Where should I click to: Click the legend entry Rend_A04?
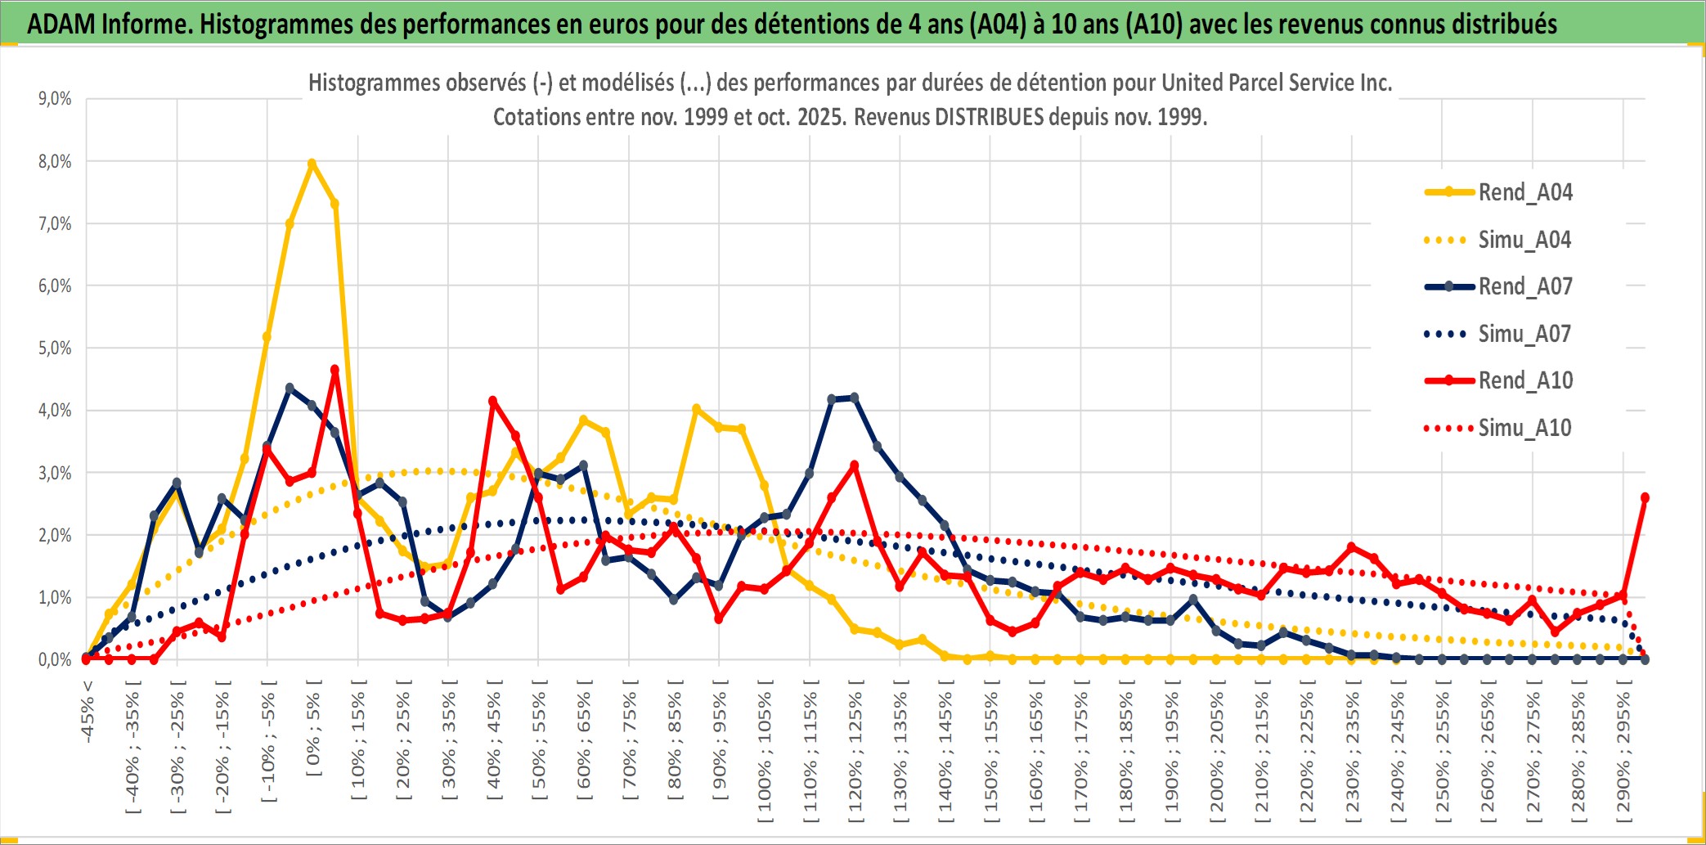pos(1524,192)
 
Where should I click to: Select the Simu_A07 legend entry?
pos(1524,334)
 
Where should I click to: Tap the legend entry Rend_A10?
pos(1525,380)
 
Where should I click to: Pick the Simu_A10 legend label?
pos(1524,428)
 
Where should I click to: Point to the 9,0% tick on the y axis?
pos(55,99)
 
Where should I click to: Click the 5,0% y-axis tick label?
pos(55,348)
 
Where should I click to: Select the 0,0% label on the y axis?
pos(55,659)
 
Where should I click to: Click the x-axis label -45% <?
pos(88,712)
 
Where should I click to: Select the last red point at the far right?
pos(1645,497)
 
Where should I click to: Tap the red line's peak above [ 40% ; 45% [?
pos(492,401)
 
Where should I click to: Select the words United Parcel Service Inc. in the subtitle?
pos(1276,83)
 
